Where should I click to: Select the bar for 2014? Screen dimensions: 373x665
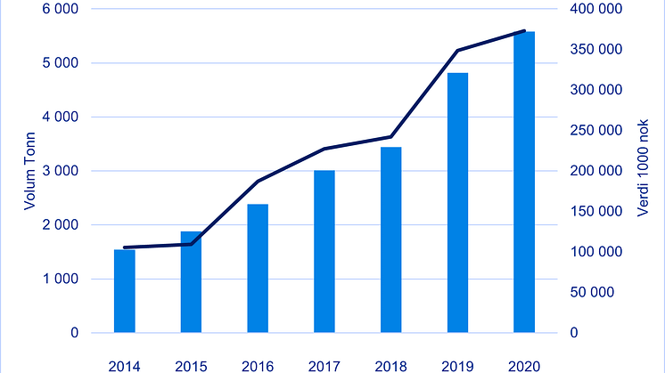tap(125, 291)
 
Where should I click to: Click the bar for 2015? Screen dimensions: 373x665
tap(192, 282)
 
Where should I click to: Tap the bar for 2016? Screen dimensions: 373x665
tap(258, 269)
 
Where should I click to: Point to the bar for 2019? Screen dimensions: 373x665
tap(457, 203)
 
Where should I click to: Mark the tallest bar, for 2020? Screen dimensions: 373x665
tap(524, 182)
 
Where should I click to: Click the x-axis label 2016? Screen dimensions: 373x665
tap(258, 365)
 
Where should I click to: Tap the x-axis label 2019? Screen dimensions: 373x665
tap(457, 365)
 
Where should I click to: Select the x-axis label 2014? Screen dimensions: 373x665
tap(125, 365)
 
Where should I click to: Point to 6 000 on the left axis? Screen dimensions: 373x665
tap(59, 9)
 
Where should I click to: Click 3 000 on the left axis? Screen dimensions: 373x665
tap(59, 171)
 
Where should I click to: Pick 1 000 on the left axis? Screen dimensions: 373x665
tap(59, 279)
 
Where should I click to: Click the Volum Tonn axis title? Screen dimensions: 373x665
tap(29, 171)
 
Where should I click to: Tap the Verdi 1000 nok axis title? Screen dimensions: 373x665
tap(643, 171)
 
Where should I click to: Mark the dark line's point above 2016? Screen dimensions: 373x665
tap(258, 182)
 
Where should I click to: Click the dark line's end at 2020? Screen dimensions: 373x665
tap(524, 31)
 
